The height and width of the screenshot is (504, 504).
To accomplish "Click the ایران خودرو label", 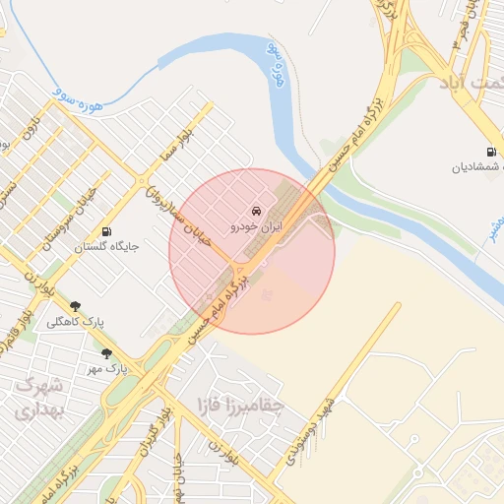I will click(x=256, y=226).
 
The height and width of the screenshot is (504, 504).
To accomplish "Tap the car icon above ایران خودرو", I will click(x=256, y=211).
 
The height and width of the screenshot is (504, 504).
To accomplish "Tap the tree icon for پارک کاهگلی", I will click(x=75, y=306).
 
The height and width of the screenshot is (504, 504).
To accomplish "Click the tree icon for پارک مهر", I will click(x=106, y=353).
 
